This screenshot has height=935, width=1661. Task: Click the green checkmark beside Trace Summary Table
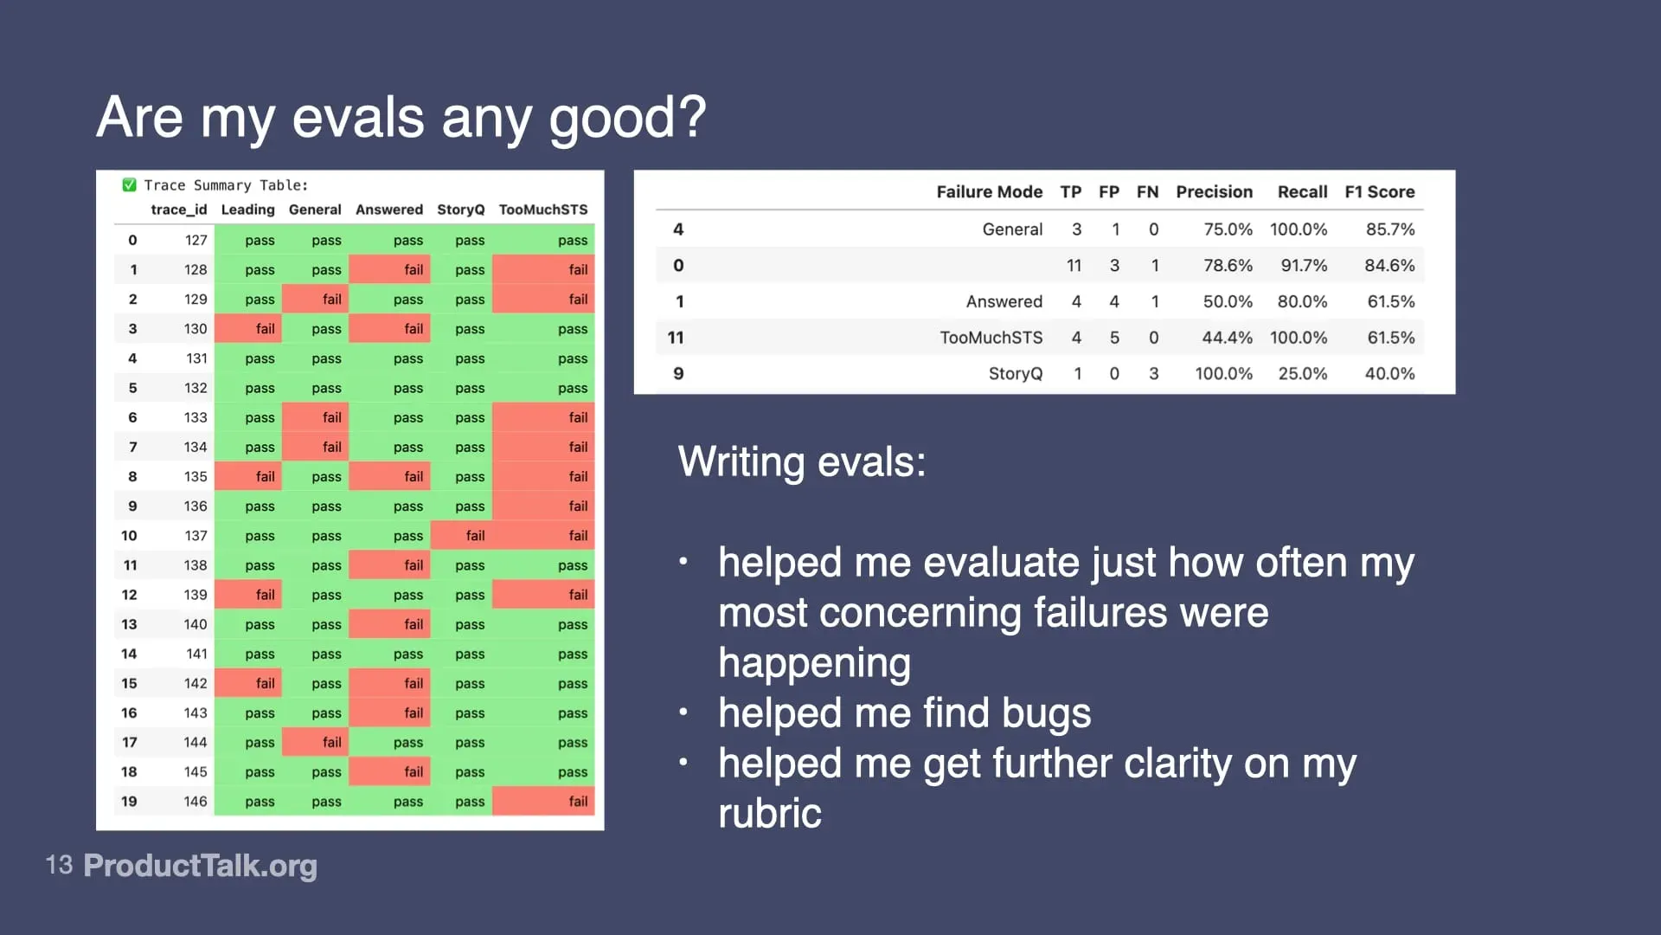pos(130,184)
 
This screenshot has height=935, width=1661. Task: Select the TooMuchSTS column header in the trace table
pos(542,210)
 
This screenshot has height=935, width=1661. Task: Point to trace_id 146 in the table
pos(196,802)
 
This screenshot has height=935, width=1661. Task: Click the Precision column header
pos(1214,191)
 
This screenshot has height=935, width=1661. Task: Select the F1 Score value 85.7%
pos(1389,229)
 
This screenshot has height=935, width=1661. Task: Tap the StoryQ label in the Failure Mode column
pos(1015,374)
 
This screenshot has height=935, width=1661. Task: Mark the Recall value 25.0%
pos(1302,374)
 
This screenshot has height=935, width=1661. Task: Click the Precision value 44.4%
pos(1226,338)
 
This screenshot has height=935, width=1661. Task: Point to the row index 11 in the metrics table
pos(676,338)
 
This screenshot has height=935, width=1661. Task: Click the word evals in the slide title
pos(358,118)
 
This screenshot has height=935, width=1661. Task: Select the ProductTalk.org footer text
pos(200,865)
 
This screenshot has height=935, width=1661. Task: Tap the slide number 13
pos(59,865)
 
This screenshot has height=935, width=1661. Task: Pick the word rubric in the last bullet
pos(769,814)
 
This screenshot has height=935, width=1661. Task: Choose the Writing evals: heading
pos(801,461)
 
